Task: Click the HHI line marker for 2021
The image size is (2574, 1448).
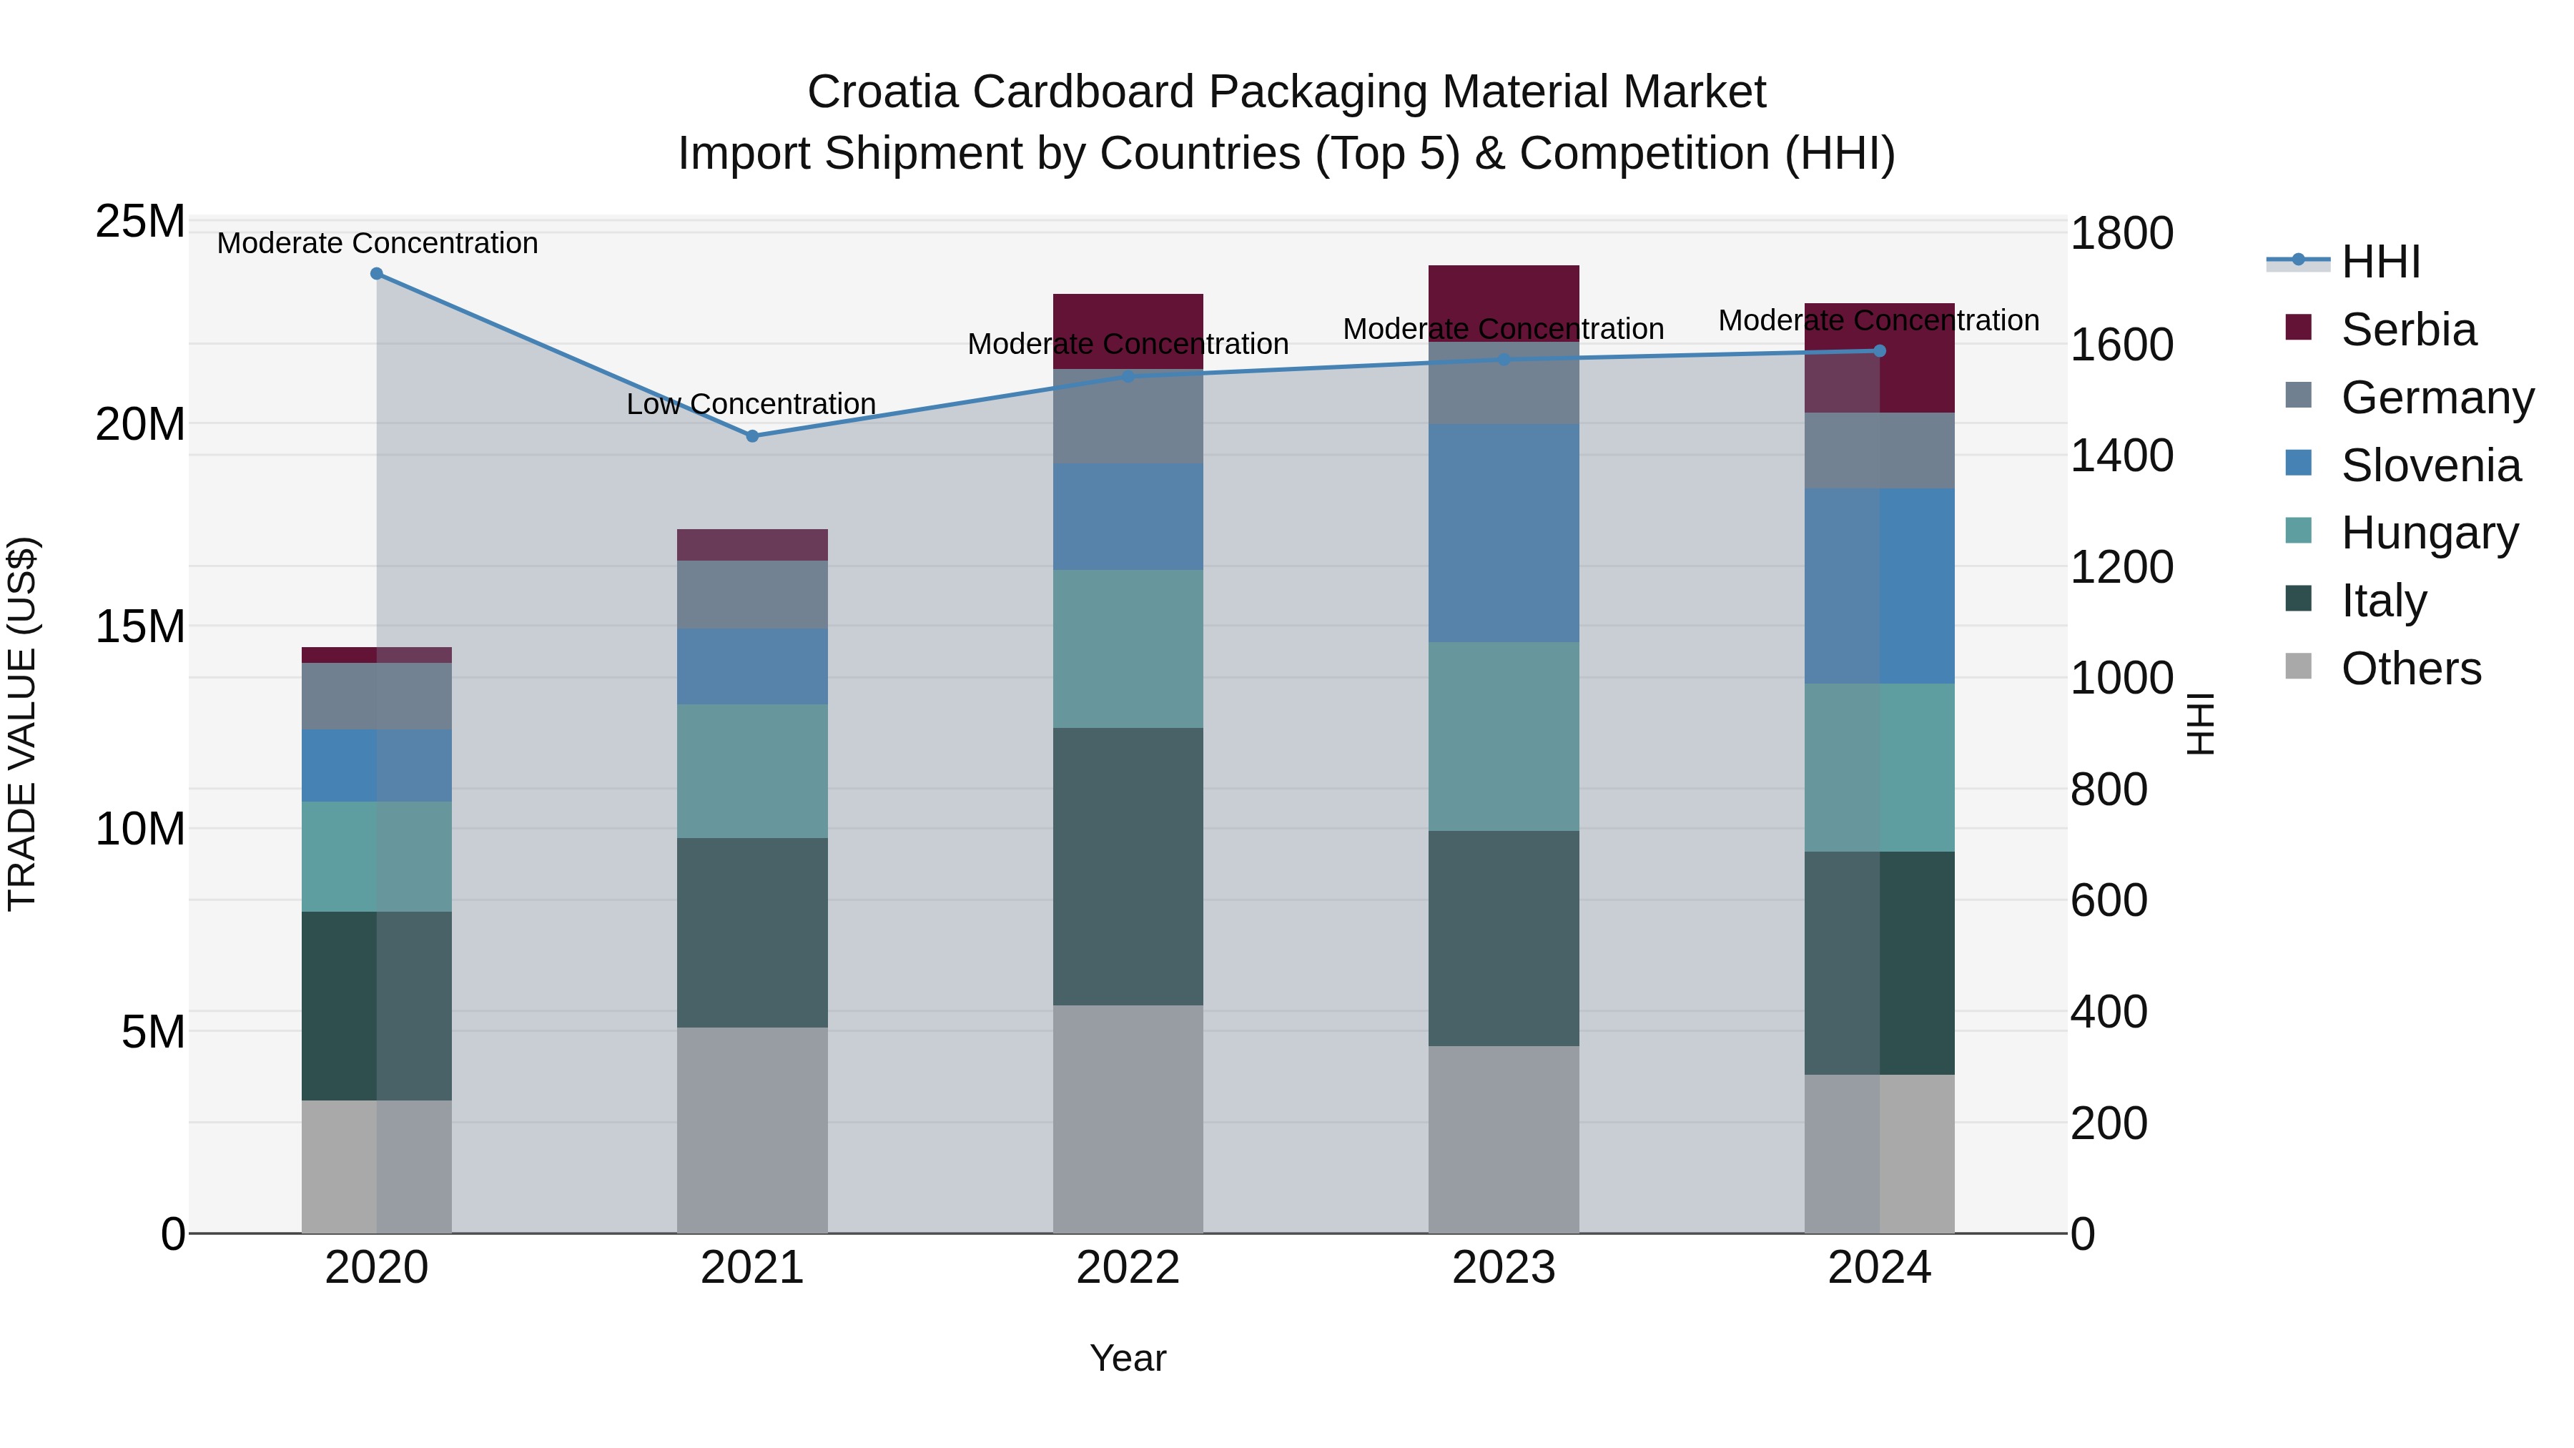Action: point(752,435)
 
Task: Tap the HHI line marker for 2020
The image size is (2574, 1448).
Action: point(377,274)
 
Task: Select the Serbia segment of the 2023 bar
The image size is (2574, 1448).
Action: point(1503,302)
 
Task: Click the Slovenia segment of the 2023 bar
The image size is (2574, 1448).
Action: point(1503,533)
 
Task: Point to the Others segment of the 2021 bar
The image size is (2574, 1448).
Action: point(752,1129)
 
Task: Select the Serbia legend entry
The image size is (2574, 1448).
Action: point(2408,330)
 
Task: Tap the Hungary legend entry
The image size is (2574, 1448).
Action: point(2429,533)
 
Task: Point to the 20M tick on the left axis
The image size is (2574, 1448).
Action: point(140,425)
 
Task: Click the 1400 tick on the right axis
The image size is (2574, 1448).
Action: point(2121,455)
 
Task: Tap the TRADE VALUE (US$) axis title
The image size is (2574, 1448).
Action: point(22,724)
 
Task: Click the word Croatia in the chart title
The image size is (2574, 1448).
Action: point(882,92)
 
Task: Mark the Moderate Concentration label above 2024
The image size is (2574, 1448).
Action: point(1878,321)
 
